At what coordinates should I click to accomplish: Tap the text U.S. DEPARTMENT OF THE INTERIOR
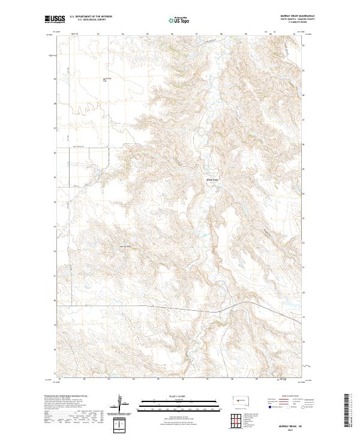click(91, 17)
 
